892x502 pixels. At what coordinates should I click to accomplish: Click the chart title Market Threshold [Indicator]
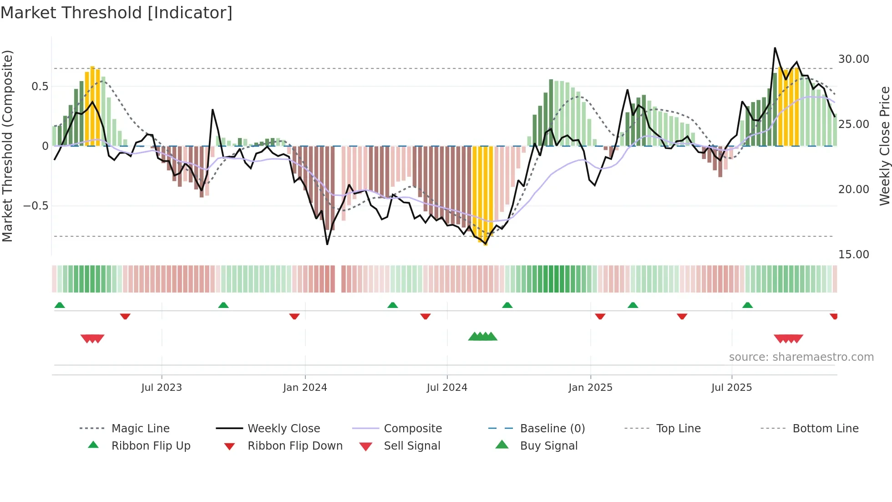tap(117, 13)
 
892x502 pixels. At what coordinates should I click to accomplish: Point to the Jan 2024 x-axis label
tap(305, 388)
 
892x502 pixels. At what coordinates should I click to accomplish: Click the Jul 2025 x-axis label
tap(731, 388)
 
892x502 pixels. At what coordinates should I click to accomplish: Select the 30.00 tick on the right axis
tap(853, 59)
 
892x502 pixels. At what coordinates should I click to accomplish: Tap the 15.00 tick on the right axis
tap(853, 255)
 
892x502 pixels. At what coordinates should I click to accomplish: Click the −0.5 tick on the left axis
tap(36, 206)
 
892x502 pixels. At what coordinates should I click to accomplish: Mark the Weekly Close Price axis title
tap(884, 146)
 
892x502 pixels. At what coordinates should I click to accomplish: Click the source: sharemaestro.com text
tap(801, 357)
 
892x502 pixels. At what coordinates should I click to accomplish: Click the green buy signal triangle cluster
tap(482, 337)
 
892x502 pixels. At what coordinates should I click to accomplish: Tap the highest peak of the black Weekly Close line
tap(775, 48)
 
